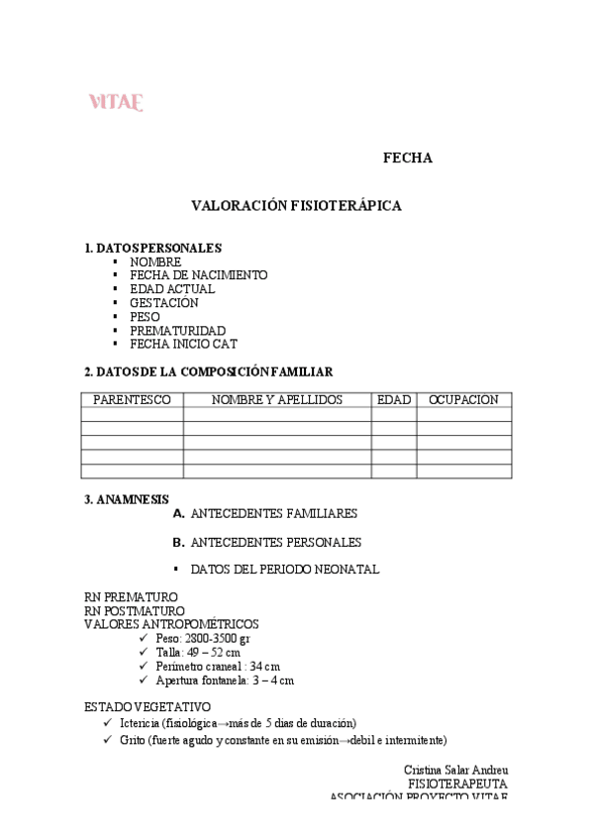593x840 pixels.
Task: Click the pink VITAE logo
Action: [x=116, y=102]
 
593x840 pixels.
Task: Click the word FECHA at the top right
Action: [x=407, y=158]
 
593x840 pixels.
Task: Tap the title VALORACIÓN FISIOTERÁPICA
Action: [x=296, y=205]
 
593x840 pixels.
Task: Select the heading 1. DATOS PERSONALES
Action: [x=152, y=248]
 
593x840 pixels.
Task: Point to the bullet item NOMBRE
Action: [x=155, y=262]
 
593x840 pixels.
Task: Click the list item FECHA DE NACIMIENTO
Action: [x=198, y=275]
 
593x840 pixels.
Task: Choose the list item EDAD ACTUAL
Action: [x=171, y=289]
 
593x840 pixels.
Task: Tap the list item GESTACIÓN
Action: [x=163, y=303]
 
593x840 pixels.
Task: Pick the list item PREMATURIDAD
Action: [x=177, y=331]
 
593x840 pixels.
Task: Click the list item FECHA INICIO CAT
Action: [x=183, y=345]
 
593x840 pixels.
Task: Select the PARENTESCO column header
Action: [x=132, y=400]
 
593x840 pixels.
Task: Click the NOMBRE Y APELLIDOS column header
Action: [x=277, y=400]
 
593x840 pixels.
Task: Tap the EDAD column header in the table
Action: [x=394, y=400]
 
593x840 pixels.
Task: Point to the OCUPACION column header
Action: [x=463, y=400]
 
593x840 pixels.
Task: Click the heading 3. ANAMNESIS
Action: [x=127, y=499]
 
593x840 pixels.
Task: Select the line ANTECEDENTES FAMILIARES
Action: [x=273, y=515]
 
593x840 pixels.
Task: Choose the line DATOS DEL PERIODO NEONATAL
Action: [x=284, y=571]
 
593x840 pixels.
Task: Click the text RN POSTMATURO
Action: [x=134, y=611]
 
